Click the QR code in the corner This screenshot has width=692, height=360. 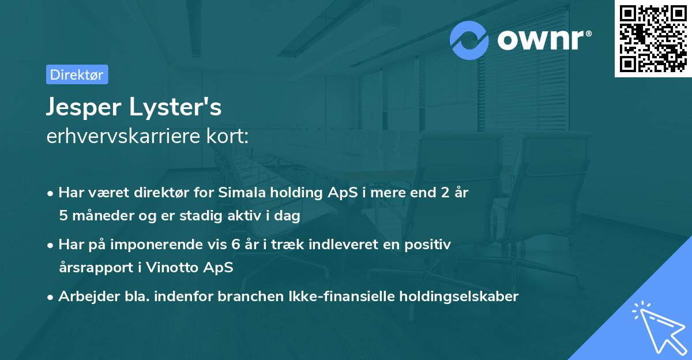point(653,39)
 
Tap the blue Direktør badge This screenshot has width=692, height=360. point(77,74)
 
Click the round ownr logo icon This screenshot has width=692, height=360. point(470,40)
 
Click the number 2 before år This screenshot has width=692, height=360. point(445,193)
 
